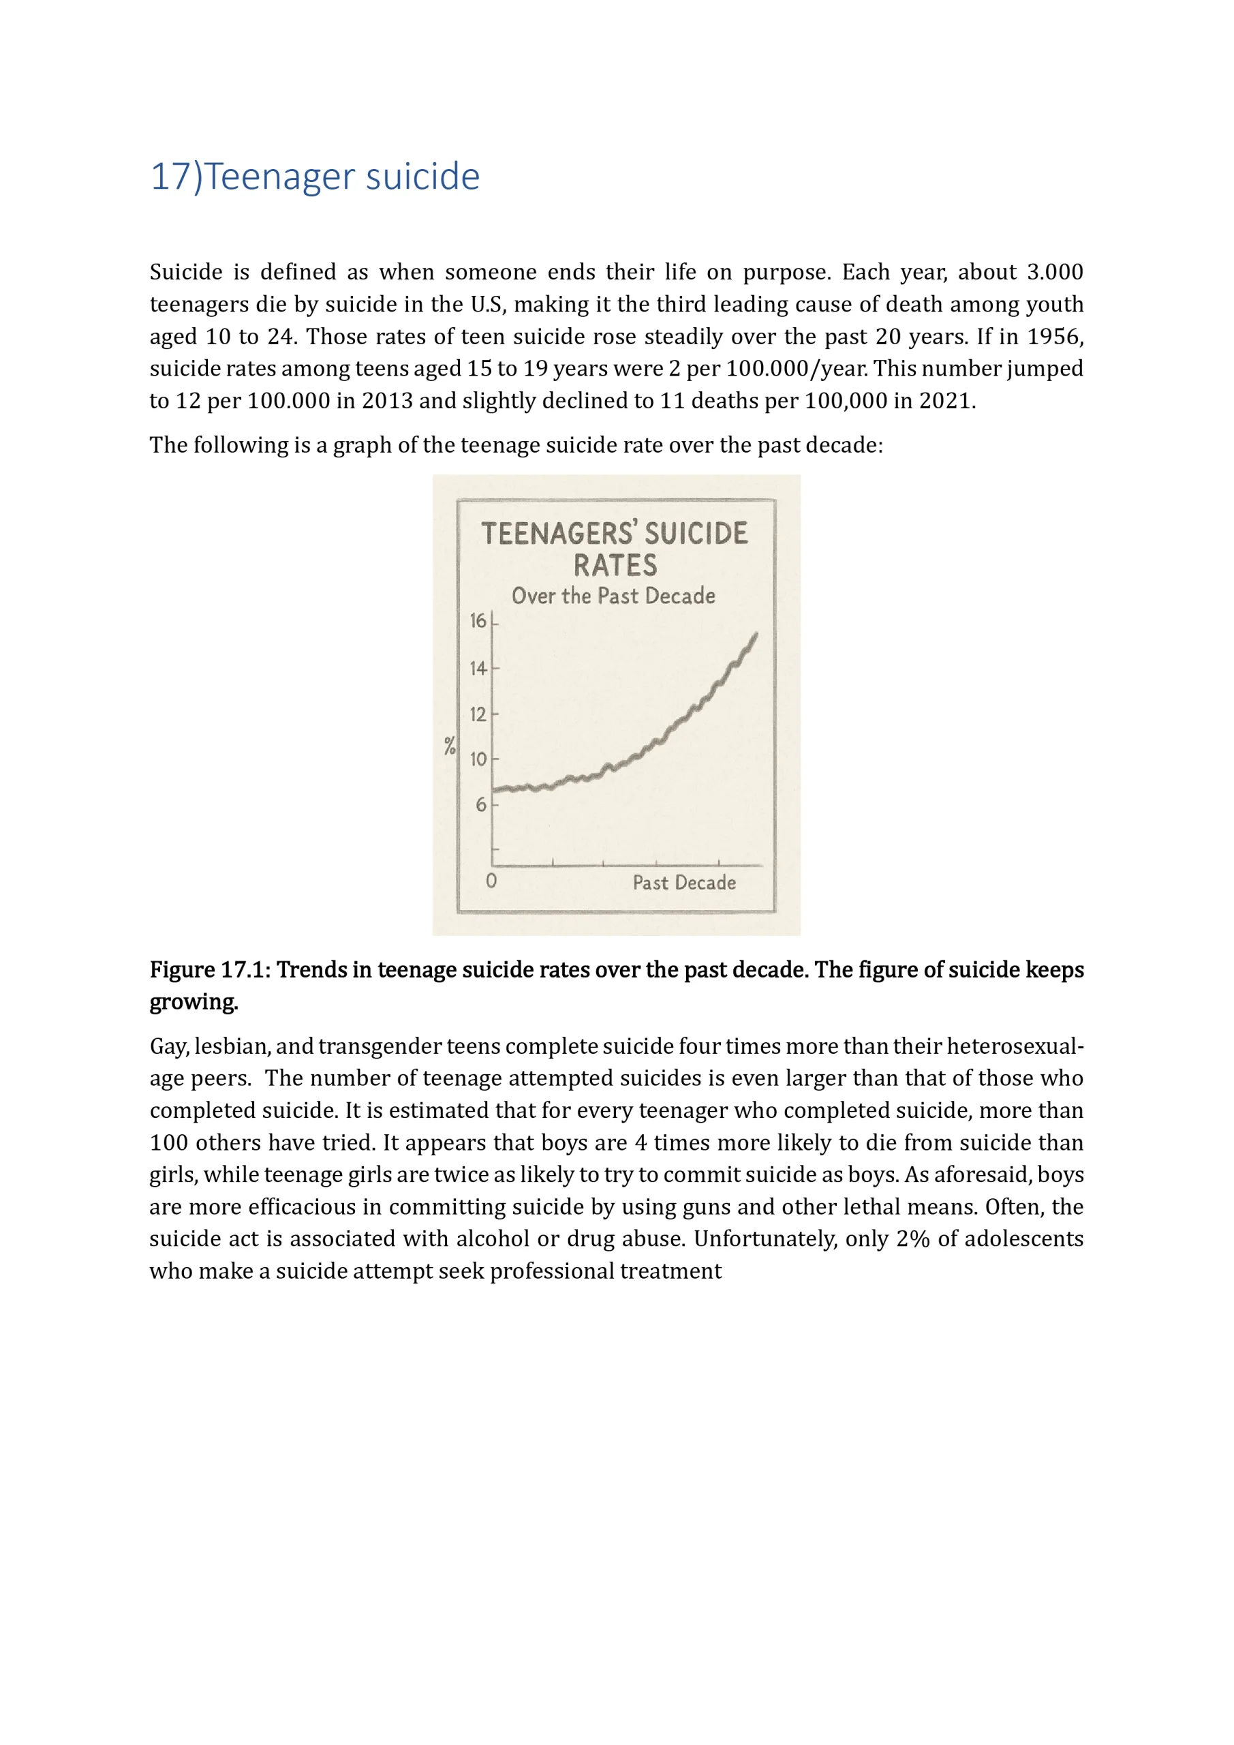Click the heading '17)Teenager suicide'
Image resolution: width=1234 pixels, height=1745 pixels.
tap(315, 177)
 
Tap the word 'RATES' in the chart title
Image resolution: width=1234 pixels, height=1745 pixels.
tap(615, 566)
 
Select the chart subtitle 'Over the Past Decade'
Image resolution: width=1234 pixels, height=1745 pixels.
tap(613, 596)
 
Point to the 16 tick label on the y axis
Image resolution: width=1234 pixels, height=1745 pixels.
tap(477, 621)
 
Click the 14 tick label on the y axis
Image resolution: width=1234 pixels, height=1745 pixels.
tap(477, 668)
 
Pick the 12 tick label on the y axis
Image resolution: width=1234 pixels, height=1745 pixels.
tap(477, 714)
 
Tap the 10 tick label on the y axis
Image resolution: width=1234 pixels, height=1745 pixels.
tap(477, 759)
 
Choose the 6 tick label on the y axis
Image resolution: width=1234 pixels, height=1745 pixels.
tap(480, 804)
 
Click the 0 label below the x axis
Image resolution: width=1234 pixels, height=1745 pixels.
tap(491, 881)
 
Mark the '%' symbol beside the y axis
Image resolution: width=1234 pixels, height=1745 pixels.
tap(450, 746)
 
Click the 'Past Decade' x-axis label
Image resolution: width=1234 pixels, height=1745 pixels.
tap(684, 882)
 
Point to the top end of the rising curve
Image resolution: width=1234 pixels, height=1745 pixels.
tap(756, 634)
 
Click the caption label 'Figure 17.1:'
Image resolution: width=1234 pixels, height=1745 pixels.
tap(210, 970)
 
